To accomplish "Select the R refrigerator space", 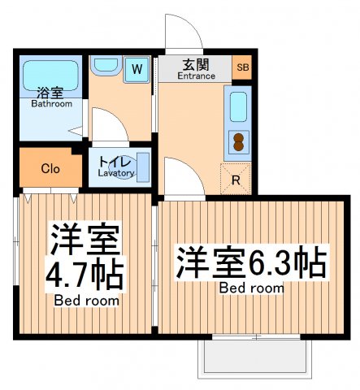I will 236,180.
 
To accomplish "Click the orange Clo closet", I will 49,169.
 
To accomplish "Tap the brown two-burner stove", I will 239,142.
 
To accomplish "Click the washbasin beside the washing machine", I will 104,66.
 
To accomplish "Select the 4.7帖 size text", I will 86,276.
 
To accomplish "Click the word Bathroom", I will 51,104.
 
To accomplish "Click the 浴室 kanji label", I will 50,93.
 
